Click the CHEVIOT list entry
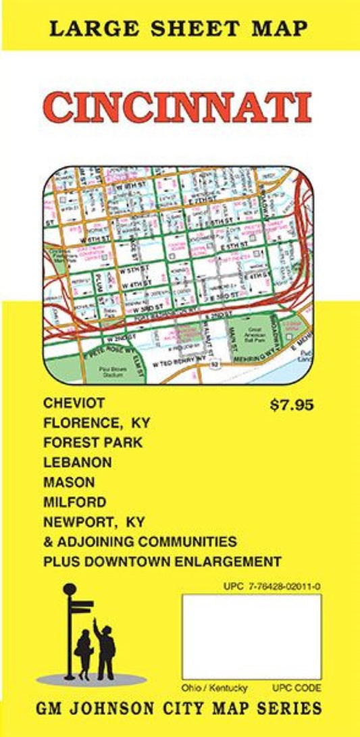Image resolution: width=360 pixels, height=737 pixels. coord(74,403)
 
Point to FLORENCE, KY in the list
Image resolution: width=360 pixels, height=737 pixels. coord(96,424)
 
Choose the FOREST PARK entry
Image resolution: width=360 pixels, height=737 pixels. coord(93,443)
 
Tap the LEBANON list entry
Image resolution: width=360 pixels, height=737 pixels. coord(77,463)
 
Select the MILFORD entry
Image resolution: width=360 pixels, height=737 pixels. coord(74,502)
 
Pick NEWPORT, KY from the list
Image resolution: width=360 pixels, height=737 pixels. coord(94,522)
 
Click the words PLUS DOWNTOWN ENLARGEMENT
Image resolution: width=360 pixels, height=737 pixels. coord(161,561)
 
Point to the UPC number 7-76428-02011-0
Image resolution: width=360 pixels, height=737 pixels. coord(272,586)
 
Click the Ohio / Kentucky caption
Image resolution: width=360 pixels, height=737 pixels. coord(214,688)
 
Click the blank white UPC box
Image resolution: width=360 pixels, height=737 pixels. coord(251,636)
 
